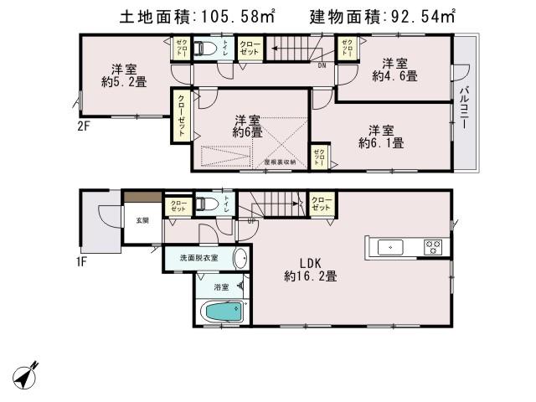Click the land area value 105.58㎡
coord(235,15)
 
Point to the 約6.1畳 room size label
coord(382,143)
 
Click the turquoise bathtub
coord(223,312)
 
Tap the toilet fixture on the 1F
coord(207,204)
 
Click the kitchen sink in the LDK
coord(389,246)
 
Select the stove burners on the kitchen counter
coord(433,246)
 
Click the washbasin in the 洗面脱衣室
coord(240,258)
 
